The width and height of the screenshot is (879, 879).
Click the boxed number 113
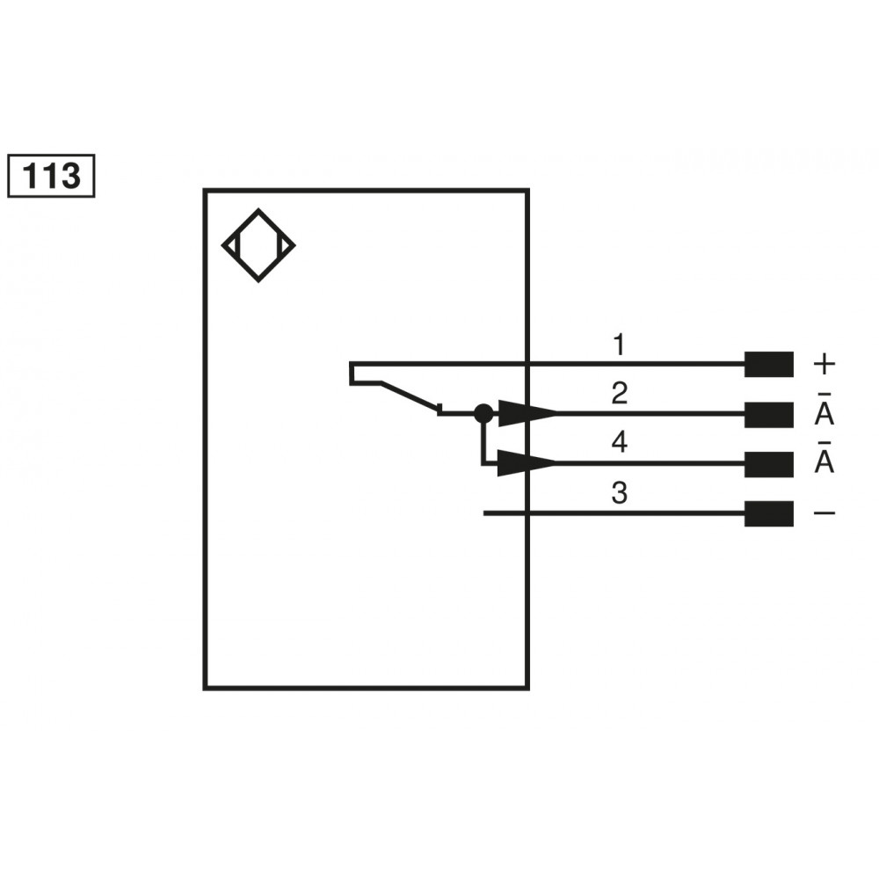point(50,176)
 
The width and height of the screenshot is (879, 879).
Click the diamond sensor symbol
point(258,245)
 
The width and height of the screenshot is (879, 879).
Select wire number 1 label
point(619,345)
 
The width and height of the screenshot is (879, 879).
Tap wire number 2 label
point(619,393)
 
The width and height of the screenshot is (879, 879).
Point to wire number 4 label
point(619,443)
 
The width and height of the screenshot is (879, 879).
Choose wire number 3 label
point(619,494)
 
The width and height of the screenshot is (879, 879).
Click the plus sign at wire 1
point(825,362)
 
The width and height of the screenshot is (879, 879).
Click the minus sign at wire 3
point(825,513)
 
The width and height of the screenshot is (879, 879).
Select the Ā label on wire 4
point(825,461)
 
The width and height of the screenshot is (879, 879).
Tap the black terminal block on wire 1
point(769,363)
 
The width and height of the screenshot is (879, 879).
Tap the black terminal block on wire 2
point(769,413)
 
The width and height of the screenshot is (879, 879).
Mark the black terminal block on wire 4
point(769,463)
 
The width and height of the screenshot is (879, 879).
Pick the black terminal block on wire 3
point(769,513)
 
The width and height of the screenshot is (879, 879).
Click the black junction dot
point(483,412)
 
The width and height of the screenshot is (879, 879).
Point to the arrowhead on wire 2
point(527,412)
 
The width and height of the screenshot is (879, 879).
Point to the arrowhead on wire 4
point(527,462)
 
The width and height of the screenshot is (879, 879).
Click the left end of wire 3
point(486,513)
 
